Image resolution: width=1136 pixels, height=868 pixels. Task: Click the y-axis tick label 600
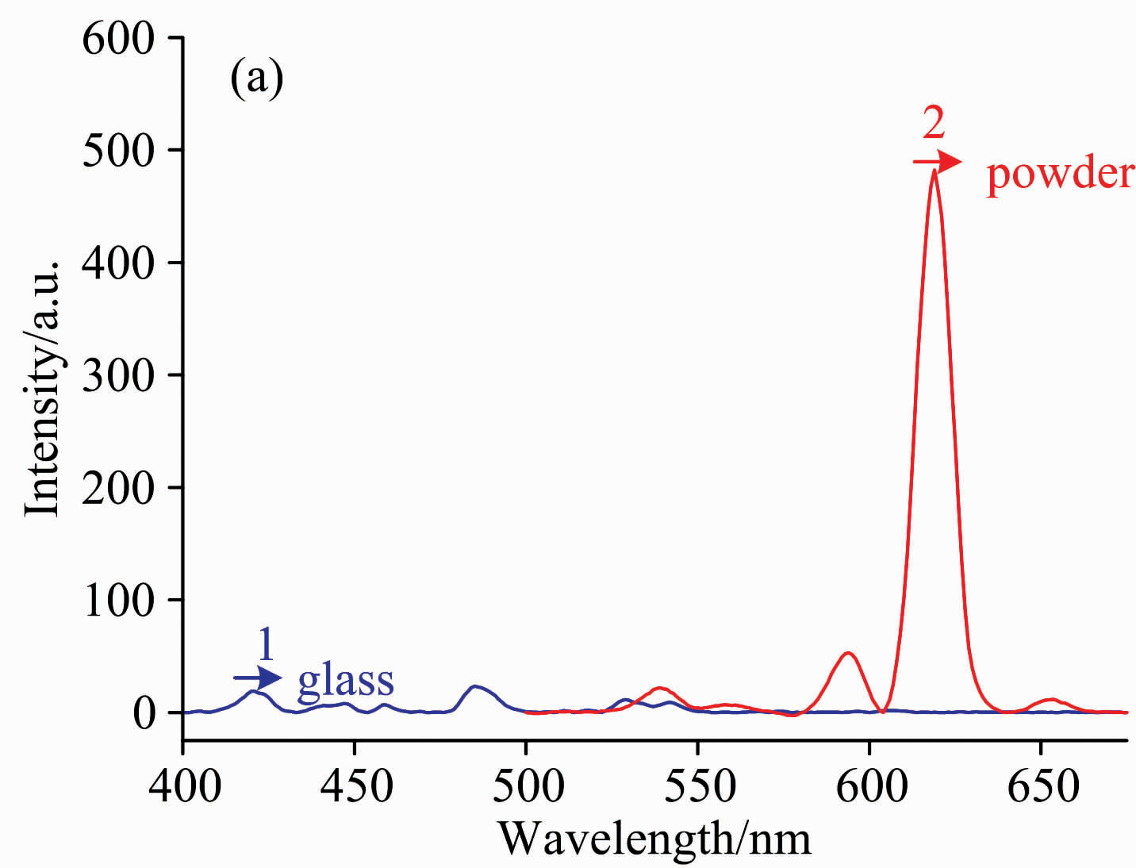tap(118, 38)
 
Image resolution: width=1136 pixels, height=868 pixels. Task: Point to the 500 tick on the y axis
tap(118, 150)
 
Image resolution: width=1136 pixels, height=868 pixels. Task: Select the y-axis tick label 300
tap(118, 375)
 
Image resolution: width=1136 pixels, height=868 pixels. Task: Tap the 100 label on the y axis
tap(118, 601)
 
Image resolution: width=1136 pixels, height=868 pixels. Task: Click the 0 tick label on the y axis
tap(144, 712)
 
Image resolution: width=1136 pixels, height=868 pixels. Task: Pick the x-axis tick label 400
tap(184, 785)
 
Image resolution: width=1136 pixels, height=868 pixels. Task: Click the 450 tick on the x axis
tap(355, 785)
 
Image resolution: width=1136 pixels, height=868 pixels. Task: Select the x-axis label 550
tap(698, 785)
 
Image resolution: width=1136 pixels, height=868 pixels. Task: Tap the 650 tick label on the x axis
tap(1042, 785)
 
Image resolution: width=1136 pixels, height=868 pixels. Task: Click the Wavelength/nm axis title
tap(654, 838)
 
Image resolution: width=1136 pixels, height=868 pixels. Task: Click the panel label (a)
tap(256, 79)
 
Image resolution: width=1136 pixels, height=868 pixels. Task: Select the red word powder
tap(1060, 174)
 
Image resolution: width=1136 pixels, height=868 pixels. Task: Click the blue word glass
tap(345, 682)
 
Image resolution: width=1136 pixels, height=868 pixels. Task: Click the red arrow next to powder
tap(937, 162)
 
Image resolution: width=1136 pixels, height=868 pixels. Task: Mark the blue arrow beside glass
tap(258, 678)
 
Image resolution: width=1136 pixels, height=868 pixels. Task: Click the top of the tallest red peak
tap(935, 171)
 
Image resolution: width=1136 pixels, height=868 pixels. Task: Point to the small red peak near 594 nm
tap(848, 654)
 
